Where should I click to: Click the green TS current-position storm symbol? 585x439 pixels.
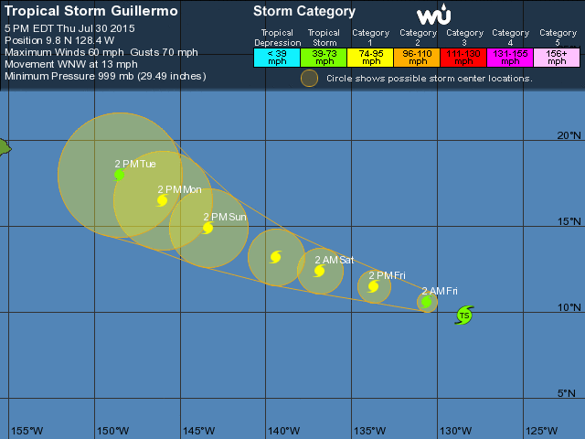tap(464, 316)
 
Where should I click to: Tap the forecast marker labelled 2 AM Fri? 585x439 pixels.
tap(427, 301)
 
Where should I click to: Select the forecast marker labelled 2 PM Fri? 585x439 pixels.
tap(374, 286)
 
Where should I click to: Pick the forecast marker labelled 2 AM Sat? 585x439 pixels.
tap(320, 270)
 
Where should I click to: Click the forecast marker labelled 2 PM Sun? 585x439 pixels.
tap(208, 228)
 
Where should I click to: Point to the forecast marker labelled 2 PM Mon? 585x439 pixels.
tap(163, 200)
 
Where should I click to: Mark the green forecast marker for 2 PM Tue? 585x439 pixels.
tap(120, 175)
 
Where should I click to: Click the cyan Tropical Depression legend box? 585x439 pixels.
tap(277, 57)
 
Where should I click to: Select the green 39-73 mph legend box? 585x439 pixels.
tap(324, 57)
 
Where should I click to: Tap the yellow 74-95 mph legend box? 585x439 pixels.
tap(370, 57)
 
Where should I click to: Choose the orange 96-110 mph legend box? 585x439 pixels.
tap(417, 57)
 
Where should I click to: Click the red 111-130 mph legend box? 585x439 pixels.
tap(464, 57)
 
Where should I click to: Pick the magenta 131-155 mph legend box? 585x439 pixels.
tap(511, 57)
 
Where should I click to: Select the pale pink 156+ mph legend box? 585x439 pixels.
tap(558, 57)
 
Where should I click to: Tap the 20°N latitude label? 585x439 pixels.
tap(569, 136)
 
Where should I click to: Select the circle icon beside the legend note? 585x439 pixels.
tap(310, 78)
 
